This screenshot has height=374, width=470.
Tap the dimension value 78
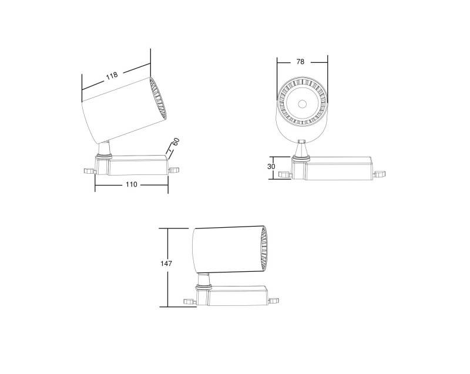point(300,62)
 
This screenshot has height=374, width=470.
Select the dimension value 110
point(131,184)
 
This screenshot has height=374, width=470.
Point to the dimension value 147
point(166,264)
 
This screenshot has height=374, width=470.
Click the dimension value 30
point(271,166)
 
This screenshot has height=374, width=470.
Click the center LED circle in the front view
point(302,104)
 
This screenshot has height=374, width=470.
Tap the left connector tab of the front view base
point(285,174)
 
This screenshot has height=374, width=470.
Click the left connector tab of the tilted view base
point(88,170)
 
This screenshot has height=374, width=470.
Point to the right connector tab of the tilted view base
point(174,170)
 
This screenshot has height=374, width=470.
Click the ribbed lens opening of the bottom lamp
point(264,250)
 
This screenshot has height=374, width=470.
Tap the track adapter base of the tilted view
point(138,165)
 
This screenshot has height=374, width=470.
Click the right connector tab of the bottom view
point(273,300)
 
